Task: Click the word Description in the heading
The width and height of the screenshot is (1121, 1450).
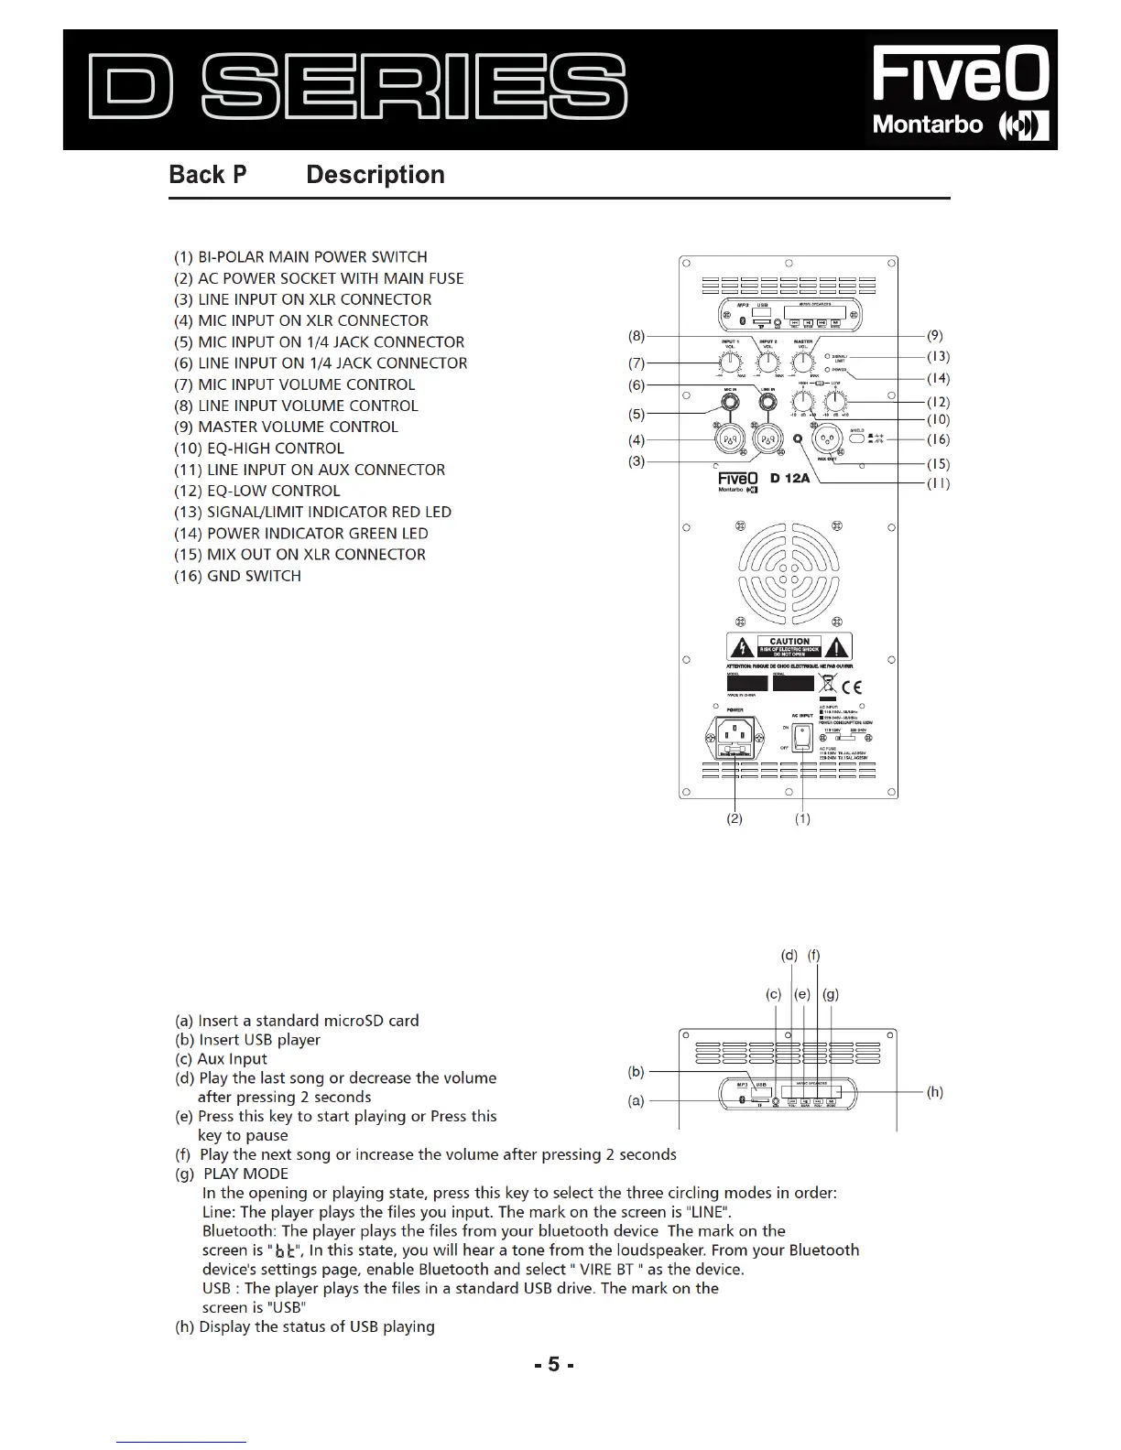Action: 375,175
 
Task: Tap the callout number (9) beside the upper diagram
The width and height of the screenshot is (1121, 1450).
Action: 935,336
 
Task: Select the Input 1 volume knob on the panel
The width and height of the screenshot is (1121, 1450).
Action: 732,362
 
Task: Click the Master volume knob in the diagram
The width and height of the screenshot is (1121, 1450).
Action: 803,362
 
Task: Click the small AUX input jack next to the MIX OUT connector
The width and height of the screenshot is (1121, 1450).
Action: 798,439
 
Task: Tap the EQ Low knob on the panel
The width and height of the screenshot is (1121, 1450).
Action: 835,400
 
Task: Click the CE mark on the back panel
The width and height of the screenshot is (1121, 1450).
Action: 851,687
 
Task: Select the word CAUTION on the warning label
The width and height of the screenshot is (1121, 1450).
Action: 789,641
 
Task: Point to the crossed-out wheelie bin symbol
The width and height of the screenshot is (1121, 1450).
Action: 827,684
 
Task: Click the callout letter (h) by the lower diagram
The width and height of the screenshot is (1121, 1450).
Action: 934,1091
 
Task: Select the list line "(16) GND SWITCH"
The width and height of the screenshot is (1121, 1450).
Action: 237,576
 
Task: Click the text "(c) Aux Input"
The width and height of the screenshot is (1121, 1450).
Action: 221,1059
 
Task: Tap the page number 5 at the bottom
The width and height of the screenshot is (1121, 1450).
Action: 553,1364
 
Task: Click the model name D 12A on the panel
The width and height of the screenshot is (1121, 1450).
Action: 789,478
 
